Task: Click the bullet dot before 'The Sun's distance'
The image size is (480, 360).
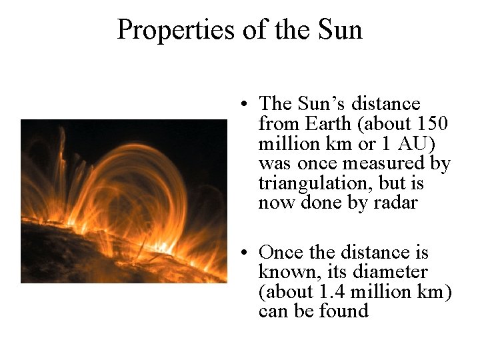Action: pos(246,105)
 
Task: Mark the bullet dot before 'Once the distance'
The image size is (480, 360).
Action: pos(246,253)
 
